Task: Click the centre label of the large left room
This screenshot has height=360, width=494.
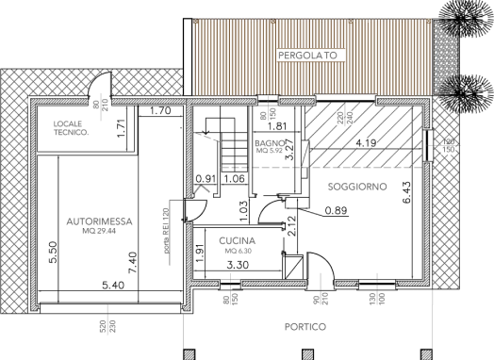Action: [98, 222]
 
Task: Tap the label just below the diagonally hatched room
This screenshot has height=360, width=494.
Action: [357, 188]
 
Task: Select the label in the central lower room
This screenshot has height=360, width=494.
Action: [237, 245]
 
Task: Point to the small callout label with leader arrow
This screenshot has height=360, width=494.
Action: [214, 139]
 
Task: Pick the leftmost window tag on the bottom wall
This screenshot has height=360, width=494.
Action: [230, 302]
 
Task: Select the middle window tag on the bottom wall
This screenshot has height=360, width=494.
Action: [321, 302]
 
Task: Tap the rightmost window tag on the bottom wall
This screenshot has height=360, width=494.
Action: [375, 302]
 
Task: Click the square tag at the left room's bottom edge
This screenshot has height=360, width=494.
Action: [109, 328]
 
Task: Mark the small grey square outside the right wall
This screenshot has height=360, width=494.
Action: [462, 147]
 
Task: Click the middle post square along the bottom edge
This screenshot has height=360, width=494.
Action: [307, 354]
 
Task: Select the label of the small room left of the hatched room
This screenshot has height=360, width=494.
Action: [270, 147]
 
